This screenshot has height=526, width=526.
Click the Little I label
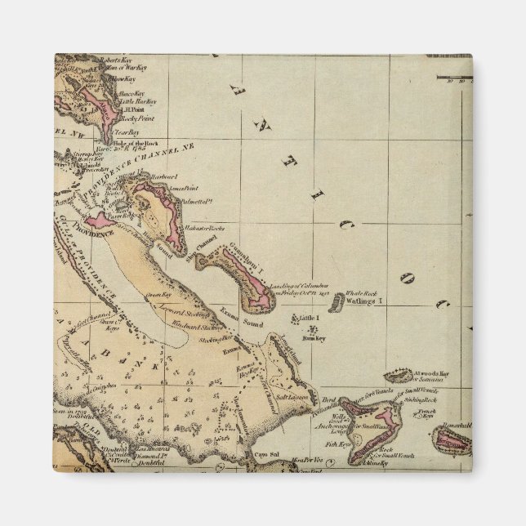pyautogui.click(x=309, y=318)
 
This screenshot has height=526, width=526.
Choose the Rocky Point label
pyautogui.click(x=136, y=118)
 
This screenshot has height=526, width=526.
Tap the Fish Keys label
pyautogui.click(x=336, y=444)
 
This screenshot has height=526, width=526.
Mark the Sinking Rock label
pyautogui.click(x=421, y=400)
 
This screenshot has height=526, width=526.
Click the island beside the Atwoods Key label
pyautogui.click(x=398, y=377)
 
